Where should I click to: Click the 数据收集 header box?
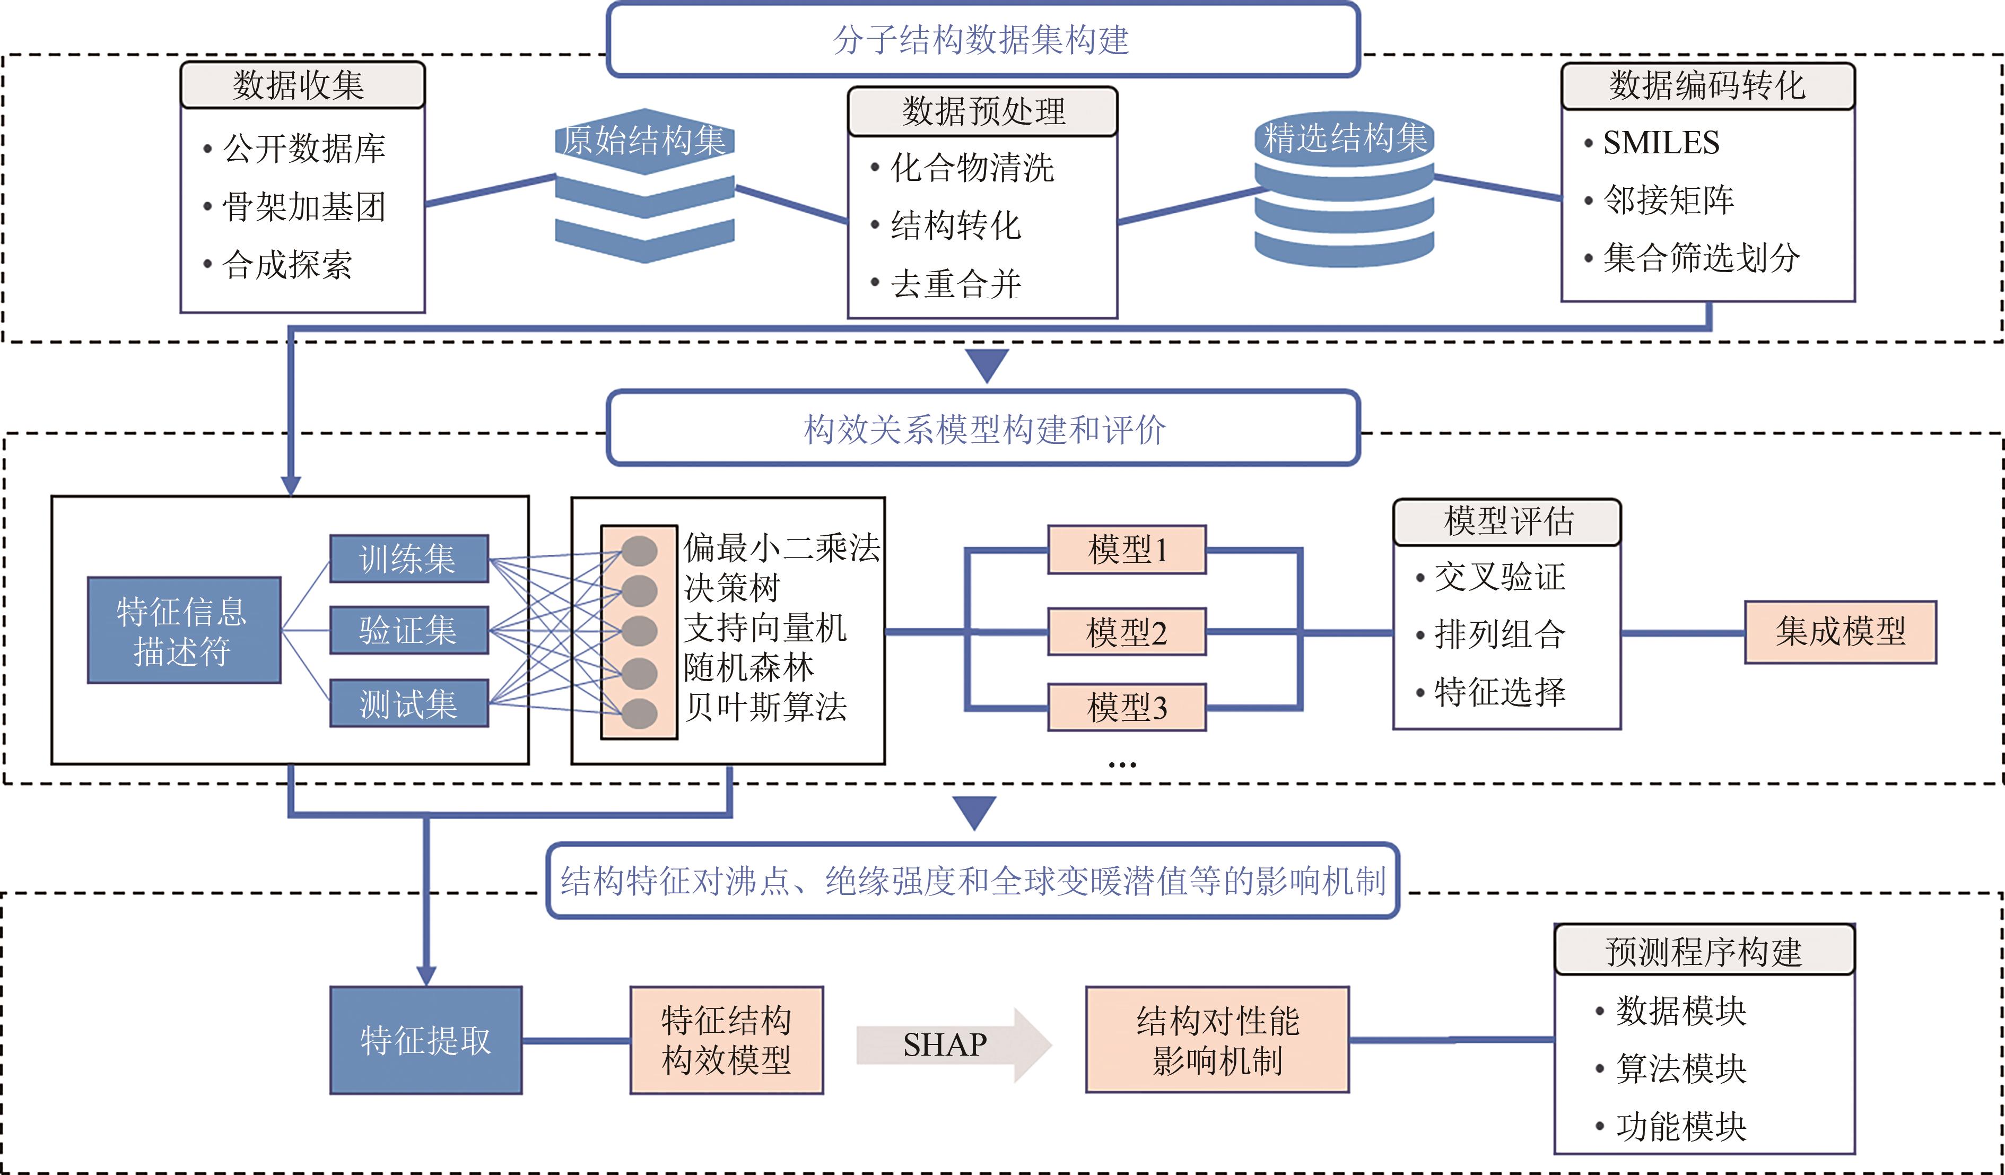coord(302,85)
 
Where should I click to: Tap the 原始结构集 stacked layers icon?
coord(644,186)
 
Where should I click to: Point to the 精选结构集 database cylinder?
coord(1344,191)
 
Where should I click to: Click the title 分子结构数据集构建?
coord(982,40)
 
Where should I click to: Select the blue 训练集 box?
coord(409,559)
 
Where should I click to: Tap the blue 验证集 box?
coord(409,630)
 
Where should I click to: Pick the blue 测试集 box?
coord(409,703)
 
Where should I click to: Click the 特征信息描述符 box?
coord(184,630)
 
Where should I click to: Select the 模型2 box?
coord(1127,632)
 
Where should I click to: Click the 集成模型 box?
coord(1841,632)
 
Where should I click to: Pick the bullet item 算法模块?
coord(1680,1068)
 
